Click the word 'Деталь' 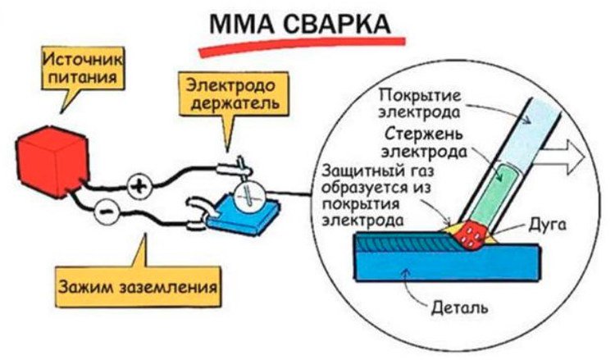pos(459,309)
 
